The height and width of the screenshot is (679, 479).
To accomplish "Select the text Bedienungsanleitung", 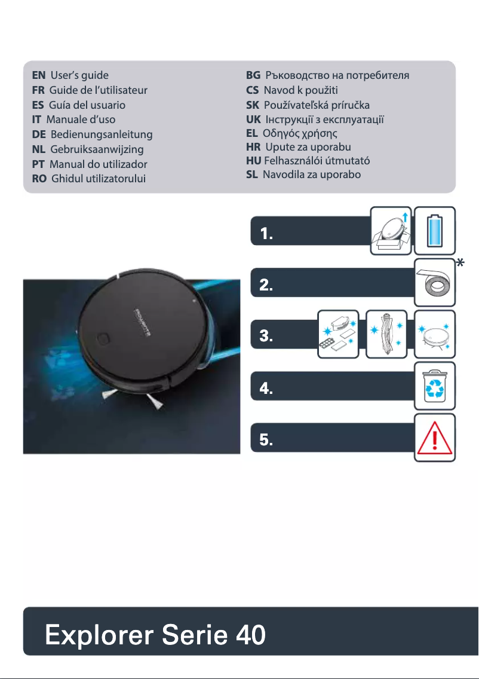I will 102,134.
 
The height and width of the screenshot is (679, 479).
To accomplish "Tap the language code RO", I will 39,179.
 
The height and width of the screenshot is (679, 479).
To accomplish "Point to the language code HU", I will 253,161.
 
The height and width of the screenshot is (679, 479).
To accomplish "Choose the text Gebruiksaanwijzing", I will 97,149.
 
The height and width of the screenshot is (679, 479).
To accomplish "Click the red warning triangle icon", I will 435,438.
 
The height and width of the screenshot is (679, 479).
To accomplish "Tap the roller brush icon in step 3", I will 386,334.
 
